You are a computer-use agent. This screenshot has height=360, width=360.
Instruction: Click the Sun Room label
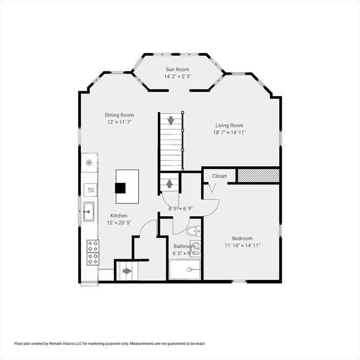(178, 69)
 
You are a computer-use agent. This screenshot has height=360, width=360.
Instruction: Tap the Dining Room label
(119, 115)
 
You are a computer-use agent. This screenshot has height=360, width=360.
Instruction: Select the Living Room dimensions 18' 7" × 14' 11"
(229, 133)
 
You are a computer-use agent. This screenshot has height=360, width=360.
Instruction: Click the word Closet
(219, 176)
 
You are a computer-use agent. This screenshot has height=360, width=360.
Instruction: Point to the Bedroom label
(242, 239)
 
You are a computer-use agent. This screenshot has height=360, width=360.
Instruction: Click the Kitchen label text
(119, 216)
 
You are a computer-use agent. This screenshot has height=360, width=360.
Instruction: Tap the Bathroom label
(185, 247)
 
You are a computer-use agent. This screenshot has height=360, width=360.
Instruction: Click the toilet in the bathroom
(193, 231)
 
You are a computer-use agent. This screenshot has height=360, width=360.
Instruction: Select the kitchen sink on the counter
(89, 212)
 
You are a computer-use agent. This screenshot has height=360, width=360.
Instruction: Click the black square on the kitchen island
(120, 188)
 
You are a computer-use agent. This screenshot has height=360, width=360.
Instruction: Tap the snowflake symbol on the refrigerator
(89, 163)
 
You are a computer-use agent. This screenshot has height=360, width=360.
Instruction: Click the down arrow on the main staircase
(171, 120)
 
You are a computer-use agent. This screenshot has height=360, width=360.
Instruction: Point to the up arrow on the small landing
(169, 184)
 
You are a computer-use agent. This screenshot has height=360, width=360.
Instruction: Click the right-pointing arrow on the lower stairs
(127, 271)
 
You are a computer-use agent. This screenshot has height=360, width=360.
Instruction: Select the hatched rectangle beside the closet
(259, 176)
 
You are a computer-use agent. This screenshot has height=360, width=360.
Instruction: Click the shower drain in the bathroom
(189, 270)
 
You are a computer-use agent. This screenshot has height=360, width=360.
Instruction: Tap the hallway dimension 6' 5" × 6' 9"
(180, 209)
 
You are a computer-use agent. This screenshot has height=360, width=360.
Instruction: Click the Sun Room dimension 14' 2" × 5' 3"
(178, 76)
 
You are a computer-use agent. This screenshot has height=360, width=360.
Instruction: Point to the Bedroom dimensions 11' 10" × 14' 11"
(242, 246)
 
